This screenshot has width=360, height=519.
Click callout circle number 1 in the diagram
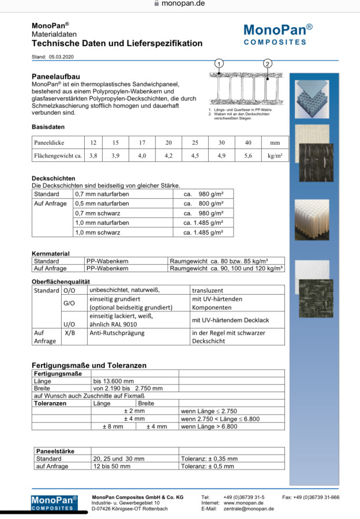click(219, 63)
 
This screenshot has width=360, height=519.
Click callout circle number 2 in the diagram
click(268, 63)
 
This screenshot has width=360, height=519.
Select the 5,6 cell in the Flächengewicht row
click(247, 155)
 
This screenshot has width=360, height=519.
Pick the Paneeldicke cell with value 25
click(195, 142)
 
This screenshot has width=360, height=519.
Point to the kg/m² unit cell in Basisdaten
click(275, 155)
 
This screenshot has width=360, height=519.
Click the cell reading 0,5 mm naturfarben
click(102, 204)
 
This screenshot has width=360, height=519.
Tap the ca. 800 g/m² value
click(203, 204)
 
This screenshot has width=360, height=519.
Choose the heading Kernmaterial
click(50, 253)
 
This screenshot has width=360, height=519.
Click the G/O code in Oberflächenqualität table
click(69, 303)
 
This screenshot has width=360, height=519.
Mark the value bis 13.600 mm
click(113, 381)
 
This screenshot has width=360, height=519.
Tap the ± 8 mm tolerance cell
click(112, 426)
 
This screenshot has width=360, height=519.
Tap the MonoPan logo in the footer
click(54, 502)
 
